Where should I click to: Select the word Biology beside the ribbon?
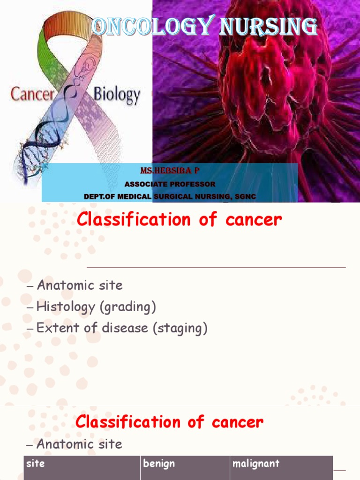[x=117, y=95]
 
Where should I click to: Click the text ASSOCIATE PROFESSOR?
[x=170, y=184]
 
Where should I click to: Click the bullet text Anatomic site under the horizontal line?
[x=79, y=285]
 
